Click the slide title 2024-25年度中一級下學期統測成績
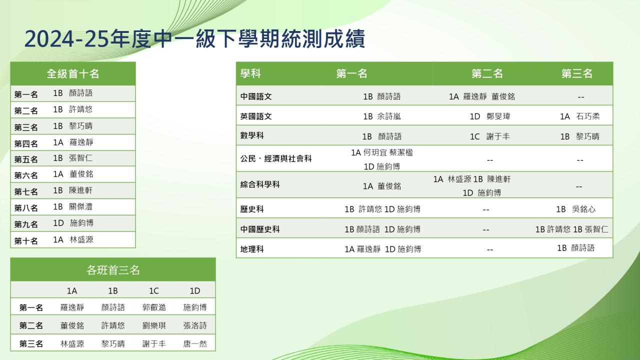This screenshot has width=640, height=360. pyautogui.click(x=194, y=39)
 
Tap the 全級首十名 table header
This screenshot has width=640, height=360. pyautogui.click(x=73, y=73)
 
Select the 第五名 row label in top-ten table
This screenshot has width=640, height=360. pyautogui.click(x=26, y=159)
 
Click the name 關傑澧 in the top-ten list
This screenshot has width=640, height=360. pyautogui.click(x=81, y=206)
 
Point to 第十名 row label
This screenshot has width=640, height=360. pyautogui.click(x=26, y=241)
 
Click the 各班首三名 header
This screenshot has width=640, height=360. pyautogui.click(x=113, y=270)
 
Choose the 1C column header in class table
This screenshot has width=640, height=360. pyautogui.click(x=153, y=291)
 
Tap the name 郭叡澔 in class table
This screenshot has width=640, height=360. pyautogui.click(x=154, y=307)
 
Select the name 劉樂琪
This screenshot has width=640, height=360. pyautogui.click(x=154, y=325)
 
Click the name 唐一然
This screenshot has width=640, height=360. pyautogui.click(x=195, y=343)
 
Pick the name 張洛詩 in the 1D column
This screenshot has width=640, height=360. pyautogui.click(x=195, y=325)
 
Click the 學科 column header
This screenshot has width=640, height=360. pyautogui.click(x=250, y=73)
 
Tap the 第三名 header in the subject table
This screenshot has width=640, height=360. pyautogui.click(x=577, y=73)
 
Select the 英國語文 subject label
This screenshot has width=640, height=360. pyautogui.click(x=256, y=116)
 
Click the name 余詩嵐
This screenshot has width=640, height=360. pyautogui.click(x=389, y=116)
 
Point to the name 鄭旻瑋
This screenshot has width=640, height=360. pyautogui.click(x=498, y=116)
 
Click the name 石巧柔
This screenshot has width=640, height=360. pyautogui.click(x=587, y=116)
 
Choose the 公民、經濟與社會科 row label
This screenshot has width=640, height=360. pyautogui.click(x=276, y=158)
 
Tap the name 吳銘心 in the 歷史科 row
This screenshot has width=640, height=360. pyautogui.click(x=583, y=209)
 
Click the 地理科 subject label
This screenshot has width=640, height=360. pyautogui.click(x=252, y=249)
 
